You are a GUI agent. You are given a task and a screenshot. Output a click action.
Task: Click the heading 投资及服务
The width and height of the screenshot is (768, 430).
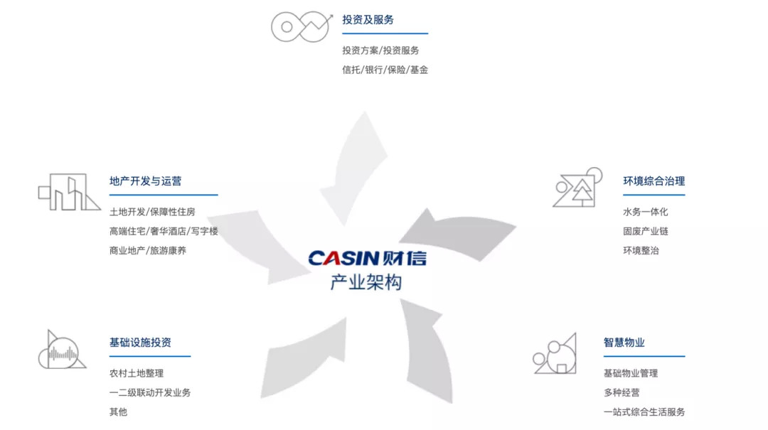click(x=368, y=20)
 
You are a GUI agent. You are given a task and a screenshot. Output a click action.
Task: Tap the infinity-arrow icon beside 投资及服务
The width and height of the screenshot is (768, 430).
click(x=301, y=26)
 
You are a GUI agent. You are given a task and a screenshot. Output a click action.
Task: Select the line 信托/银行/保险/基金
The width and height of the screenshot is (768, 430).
click(x=385, y=70)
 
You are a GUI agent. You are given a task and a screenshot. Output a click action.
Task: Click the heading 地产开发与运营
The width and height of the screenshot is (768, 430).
click(x=145, y=181)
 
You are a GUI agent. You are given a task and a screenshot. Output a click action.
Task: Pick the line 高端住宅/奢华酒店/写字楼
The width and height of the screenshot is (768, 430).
click(x=164, y=231)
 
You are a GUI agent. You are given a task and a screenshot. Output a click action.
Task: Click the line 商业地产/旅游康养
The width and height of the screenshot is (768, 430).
click(x=148, y=250)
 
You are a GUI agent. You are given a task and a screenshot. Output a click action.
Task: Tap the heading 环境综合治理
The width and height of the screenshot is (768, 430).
click(x=654, y=181)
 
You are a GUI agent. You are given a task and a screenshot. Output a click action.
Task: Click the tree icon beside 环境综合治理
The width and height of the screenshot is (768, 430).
click(x=577, y=188)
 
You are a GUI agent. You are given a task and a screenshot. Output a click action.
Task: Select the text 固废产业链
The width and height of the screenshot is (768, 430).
click(x=645, y=231)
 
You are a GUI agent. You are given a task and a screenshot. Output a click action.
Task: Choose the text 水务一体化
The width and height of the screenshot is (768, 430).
click(x=645, y=212)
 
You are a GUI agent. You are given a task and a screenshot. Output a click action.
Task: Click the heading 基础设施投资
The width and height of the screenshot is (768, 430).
click(x=140, y=343)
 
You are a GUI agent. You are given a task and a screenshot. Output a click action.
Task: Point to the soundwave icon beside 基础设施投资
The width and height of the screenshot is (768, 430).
click(x=63, y=350)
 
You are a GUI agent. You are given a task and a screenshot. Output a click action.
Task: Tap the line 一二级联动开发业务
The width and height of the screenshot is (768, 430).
click(x=150, y=392)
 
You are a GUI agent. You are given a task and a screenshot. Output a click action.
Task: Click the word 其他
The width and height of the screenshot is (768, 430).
click(x=118, y=412)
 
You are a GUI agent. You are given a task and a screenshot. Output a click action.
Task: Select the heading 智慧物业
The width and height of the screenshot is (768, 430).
click(x=624, y=343)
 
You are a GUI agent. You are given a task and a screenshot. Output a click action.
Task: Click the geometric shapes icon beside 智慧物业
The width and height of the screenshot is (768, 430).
click(x=555, y=353)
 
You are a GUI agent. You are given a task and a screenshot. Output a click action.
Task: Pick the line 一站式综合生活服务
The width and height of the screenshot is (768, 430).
click(x=644, y=412)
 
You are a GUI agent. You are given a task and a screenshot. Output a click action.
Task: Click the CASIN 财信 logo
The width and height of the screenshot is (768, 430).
click(x=367, y=257)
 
